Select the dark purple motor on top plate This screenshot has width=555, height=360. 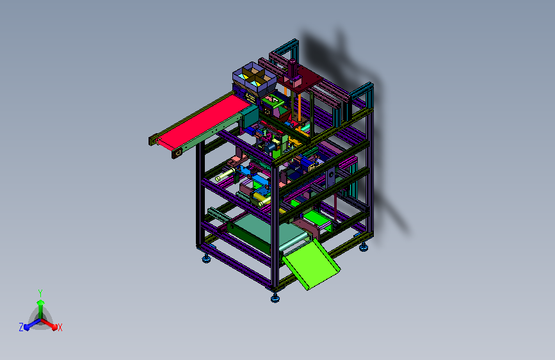(x=293, y=70)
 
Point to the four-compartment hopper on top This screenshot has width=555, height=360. (x=253, y=79)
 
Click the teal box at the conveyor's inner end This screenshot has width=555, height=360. (x=250, y=118)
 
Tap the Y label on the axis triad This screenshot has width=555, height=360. (x=40, y=293)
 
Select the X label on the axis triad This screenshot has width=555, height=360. (x=60, y=327)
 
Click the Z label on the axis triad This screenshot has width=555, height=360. (x=21, y=327)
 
